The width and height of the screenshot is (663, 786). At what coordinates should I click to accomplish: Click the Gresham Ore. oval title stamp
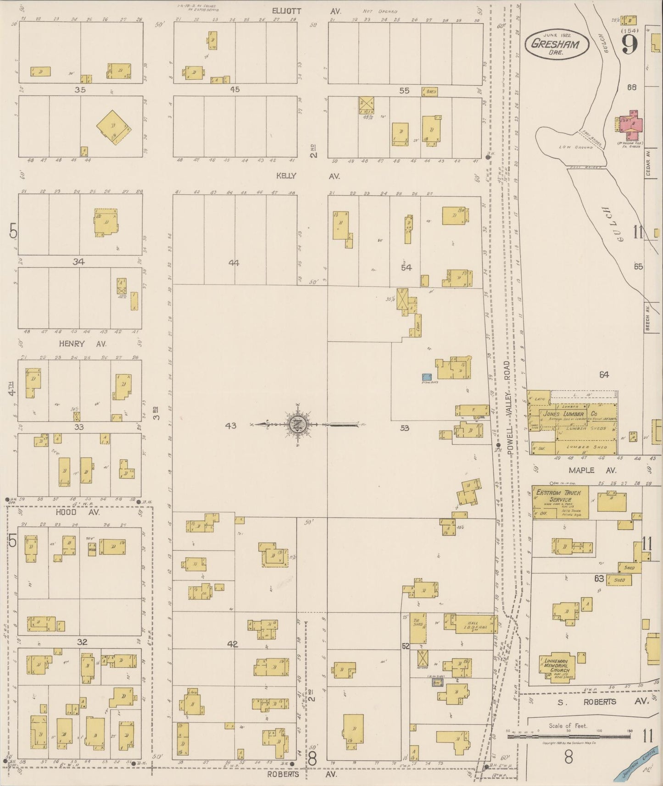[555, 44]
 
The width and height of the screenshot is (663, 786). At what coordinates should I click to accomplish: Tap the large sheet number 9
[630, 44]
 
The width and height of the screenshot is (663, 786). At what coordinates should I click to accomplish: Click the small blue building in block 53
[427, 377]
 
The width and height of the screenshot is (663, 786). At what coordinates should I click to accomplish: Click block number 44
[234, 263]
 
